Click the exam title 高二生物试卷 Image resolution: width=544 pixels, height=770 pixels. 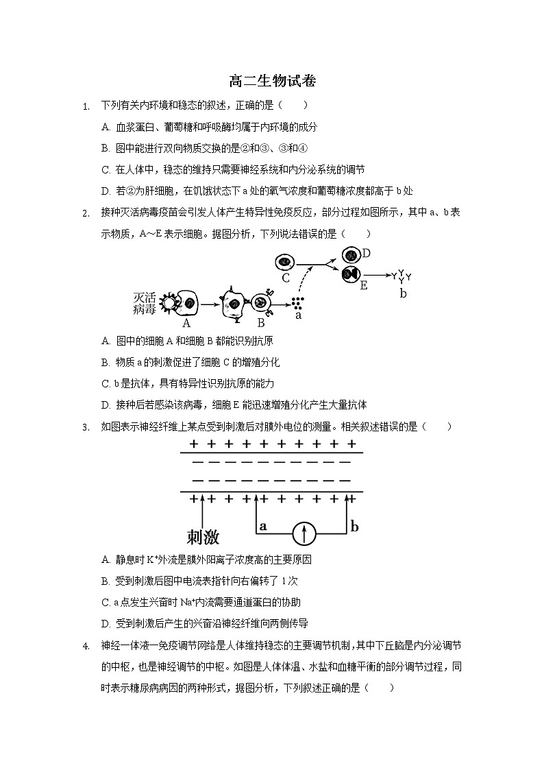click(x=272, y=81)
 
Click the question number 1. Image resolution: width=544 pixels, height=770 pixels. click(x=85, y=106)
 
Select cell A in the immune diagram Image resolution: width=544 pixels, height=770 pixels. click(x=186, y=302)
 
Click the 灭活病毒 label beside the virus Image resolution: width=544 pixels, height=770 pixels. click(x=145, y=304)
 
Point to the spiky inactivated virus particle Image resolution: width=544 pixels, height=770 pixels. click(x=166, y=302)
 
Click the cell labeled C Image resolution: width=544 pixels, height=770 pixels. click(x=285, y=262)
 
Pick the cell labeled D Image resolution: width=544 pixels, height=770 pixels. click(x=351, y=255)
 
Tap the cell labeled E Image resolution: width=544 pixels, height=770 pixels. click(x=351, y=274)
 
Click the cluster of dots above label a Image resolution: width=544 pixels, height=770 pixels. click(x=297, y=302)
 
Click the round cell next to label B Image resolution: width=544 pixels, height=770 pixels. click(x=260, y=302)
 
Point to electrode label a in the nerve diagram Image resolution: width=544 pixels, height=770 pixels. click(x=262, y=526)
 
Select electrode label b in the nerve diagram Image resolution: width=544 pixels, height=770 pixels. click(x=354, y=527)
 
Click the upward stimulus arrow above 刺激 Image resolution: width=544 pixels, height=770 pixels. click(x=203, y=511)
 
